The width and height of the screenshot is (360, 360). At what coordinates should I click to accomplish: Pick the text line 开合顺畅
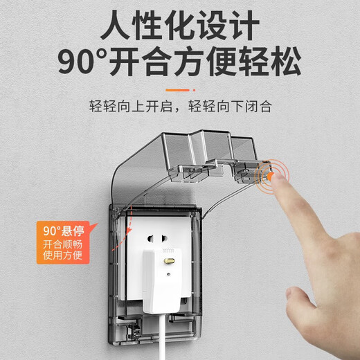(63, 244)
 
